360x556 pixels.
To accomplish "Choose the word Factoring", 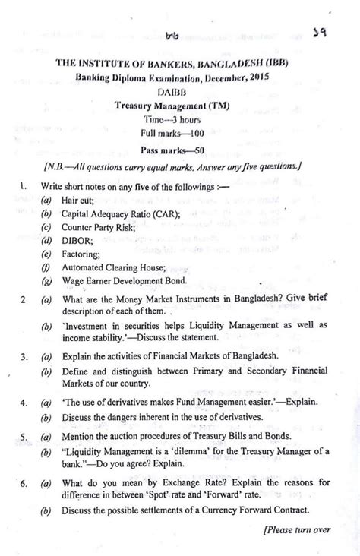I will coord(84,260).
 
